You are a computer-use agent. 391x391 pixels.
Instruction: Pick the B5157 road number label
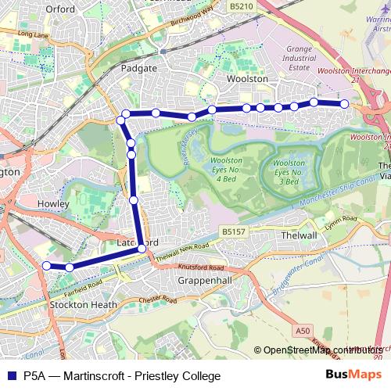coord(234,231)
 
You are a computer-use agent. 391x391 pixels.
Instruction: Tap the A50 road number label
coord(303,332)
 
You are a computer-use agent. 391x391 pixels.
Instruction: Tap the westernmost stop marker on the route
coord(46,266)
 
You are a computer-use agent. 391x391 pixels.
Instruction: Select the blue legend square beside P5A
coord(11,375)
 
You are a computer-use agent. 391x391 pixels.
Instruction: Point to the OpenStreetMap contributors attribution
coord(319,350)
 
